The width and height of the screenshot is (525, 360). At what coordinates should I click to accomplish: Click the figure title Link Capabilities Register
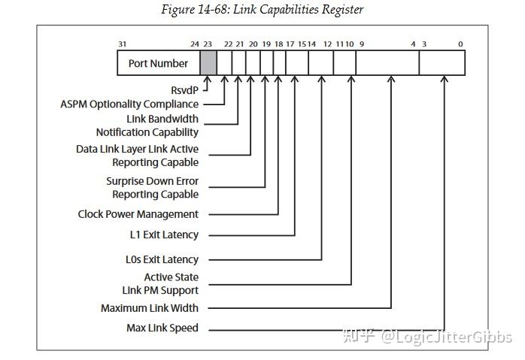point(262,10)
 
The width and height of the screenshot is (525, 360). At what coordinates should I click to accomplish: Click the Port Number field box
point(158,63)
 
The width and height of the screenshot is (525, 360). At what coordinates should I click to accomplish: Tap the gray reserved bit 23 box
point(208,63)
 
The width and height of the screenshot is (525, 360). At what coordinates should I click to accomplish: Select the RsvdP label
point(185,90)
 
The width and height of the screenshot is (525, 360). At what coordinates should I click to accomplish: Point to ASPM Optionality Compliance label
point(129,104)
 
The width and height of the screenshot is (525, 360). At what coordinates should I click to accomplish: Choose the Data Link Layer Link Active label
point(137,156)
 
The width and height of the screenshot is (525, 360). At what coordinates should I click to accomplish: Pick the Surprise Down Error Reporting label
point(152,188)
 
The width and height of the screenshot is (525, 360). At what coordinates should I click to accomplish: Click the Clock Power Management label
point(138,214)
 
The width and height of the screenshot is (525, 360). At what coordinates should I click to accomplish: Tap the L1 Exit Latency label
point(164,234)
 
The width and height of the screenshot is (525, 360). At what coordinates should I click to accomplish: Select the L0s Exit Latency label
point(162,259)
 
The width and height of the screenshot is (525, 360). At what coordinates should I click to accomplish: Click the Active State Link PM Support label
point(160,283)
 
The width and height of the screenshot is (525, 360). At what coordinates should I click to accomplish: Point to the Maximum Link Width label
point(150,308)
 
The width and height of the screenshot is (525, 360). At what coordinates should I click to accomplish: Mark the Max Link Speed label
point(162,328)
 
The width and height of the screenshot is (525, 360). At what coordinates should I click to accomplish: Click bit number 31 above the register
point(122,44)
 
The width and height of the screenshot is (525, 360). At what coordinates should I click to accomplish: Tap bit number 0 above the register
point(460,44)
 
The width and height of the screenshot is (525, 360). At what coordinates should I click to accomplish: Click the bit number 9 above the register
point(362,44)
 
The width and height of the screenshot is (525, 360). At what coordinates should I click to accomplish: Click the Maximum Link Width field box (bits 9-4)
point(387,63)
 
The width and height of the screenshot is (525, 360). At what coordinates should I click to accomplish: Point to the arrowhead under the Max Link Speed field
point(445,80)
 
